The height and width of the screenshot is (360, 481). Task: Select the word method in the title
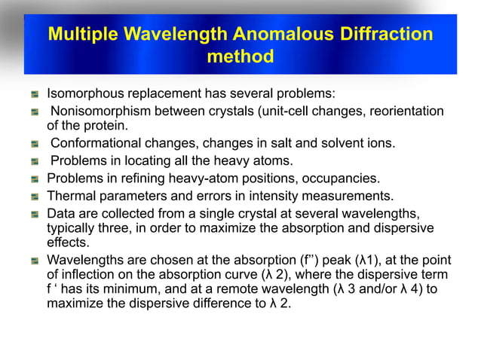240,57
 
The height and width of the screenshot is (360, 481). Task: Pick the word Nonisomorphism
100,111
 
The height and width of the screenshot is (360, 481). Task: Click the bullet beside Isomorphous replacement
34,96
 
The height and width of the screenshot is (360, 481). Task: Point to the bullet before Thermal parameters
34,197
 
